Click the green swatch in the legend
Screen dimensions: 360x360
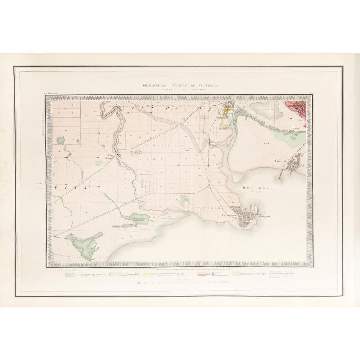69,274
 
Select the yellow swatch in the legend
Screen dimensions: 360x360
146,274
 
